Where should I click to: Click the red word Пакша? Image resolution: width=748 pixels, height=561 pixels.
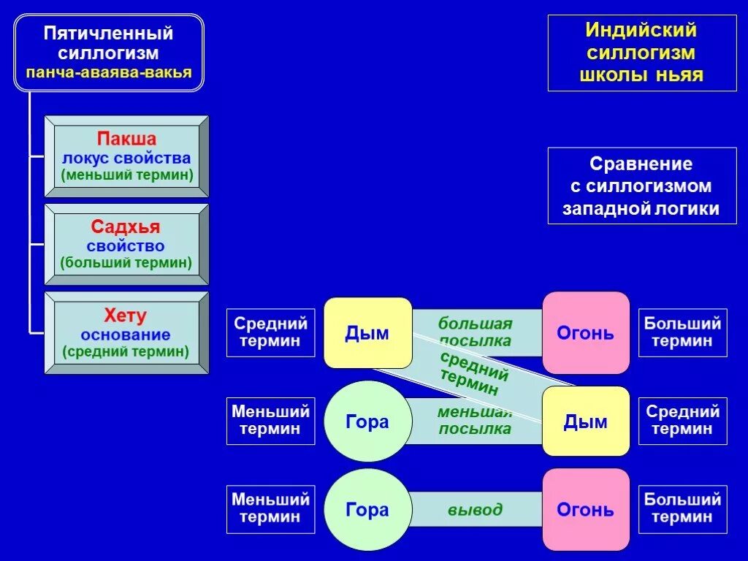tap(126, 139)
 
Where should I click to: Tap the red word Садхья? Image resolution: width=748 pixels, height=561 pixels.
tap(126, 227)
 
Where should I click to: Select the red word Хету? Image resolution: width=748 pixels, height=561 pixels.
tap(126, 316)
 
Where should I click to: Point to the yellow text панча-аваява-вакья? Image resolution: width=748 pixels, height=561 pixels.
tap(108, 72)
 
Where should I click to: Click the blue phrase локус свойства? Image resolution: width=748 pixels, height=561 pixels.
tap(126, 158)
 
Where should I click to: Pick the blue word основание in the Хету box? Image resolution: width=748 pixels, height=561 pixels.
tap(126, 335)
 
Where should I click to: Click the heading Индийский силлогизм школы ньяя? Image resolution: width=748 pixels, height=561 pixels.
tap(641, 53)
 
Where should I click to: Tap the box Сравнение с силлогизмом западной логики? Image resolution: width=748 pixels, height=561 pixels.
tap(641, 186)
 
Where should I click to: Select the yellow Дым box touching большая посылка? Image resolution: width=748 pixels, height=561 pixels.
tap(367, 333)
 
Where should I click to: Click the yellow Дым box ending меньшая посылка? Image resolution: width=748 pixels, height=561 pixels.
tap(586, 421)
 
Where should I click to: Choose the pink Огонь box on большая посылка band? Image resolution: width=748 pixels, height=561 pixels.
tap(586, 333)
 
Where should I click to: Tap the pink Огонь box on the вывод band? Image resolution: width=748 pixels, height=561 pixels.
tap(586, 509)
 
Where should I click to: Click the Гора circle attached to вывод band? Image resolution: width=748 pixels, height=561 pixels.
tap(367, 509)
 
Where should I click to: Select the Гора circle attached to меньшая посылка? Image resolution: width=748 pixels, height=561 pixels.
tap(367, 421)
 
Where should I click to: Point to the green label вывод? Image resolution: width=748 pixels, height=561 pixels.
tap(476, 509)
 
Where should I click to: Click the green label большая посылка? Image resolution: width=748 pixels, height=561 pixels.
tap(476, 332)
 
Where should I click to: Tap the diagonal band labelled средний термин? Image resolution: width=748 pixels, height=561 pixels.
tap(475, 373)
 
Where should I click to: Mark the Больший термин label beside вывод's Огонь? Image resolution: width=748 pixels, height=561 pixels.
tap(682, 508)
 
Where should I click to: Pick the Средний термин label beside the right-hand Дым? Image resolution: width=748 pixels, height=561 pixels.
tap(682, 420)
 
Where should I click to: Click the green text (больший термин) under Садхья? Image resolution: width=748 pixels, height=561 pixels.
tap(126, 263)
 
